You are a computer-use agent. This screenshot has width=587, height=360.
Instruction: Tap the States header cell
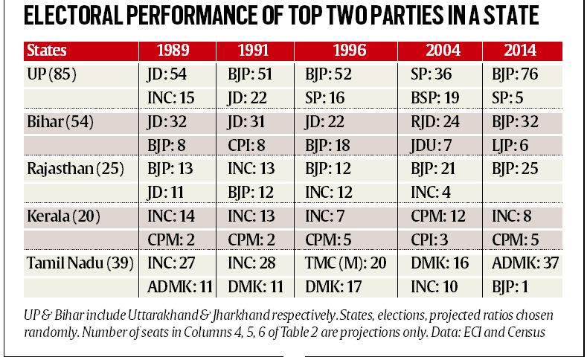[47, 52]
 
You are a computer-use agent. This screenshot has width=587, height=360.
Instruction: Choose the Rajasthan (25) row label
[71, 169]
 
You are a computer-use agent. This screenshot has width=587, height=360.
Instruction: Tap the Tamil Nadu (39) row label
[76, 263]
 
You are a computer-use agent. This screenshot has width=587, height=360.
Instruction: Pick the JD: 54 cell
[166, 74]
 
